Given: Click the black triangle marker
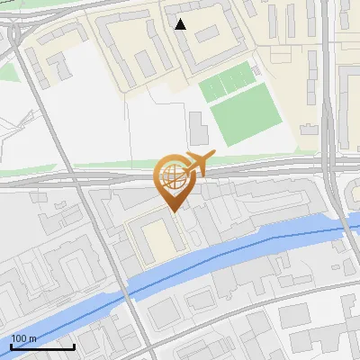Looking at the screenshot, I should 181,24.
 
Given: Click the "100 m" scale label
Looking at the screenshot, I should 23,338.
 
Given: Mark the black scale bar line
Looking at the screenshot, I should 42,346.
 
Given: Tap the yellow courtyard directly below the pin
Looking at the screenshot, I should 156,239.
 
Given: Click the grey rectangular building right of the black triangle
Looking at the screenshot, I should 207,34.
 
